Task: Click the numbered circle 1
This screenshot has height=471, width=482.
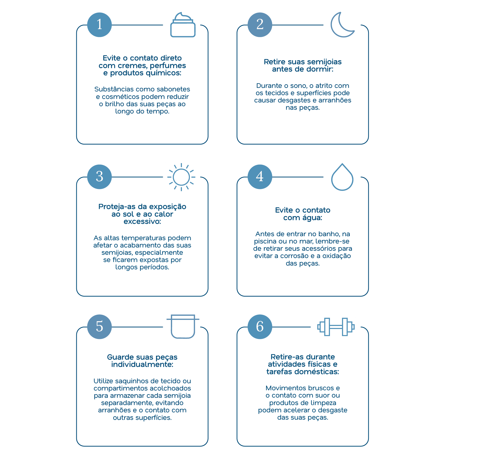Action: click(x=99, y=25)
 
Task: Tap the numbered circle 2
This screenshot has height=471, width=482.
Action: click(x=260, y=25)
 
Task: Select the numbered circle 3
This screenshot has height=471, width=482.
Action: click(x=99, y=177)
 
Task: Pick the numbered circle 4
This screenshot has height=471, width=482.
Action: click(x=260, y=177)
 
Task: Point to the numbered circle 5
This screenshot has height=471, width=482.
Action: click(x=99, y=327)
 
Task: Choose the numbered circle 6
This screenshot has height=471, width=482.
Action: click(x=260, y=327)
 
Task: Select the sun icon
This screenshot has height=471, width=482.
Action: click(x=181, y=177)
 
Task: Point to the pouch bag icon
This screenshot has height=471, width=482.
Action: click(x=183, y=336)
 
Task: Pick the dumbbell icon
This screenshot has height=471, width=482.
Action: click(x=336, y=327)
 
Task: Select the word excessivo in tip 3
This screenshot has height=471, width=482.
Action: click(x=142, y=221)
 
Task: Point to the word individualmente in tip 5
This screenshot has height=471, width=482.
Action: click(x=142, y=364)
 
